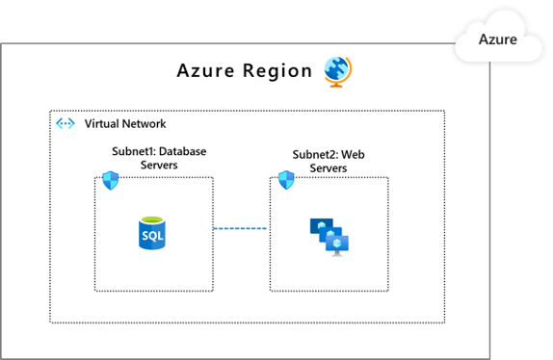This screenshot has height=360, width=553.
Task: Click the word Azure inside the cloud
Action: click(x=499, y=40)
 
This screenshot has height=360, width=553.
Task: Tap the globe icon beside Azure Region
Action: click(x=337, y=70)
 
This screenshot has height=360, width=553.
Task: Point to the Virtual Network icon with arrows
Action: click(x=66, y=123)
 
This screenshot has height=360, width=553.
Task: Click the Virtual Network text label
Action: click(x=125, y=123)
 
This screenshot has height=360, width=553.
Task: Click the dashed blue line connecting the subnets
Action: click(x=241, y=228)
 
